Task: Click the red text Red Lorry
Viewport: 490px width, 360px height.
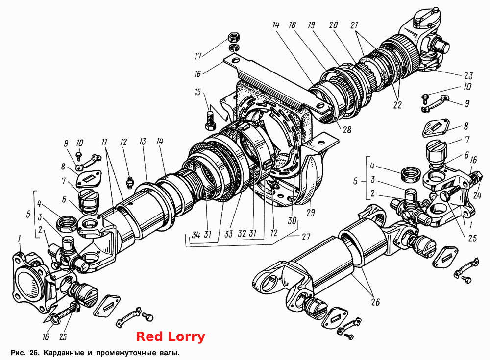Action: (x=171, y=336)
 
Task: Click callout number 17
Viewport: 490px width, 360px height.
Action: (x=198, y=56)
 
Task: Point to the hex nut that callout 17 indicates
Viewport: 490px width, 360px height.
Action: (x=232, y=38)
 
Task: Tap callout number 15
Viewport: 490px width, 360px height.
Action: (x=197, y=93)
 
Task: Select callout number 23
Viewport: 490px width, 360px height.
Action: (x=468, y=75)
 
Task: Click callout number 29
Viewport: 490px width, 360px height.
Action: (x=311, y=213)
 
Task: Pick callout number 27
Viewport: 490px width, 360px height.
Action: (x=306, y=236)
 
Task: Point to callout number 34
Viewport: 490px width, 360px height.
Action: (x=196, y=235)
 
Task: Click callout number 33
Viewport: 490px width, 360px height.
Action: (x=229, y=234)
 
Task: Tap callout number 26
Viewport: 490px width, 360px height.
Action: (x=375, y=302)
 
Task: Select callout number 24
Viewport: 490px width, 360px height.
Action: (x=477, y=195)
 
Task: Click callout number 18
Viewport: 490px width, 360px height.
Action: (x=292, y=24)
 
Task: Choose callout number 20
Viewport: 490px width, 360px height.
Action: (x=333, y=24)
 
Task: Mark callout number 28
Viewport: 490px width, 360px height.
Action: (x=347, y=129)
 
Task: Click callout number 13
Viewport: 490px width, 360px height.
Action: (x=143, y=142)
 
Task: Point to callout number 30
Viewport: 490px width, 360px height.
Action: (x=292, y=221)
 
